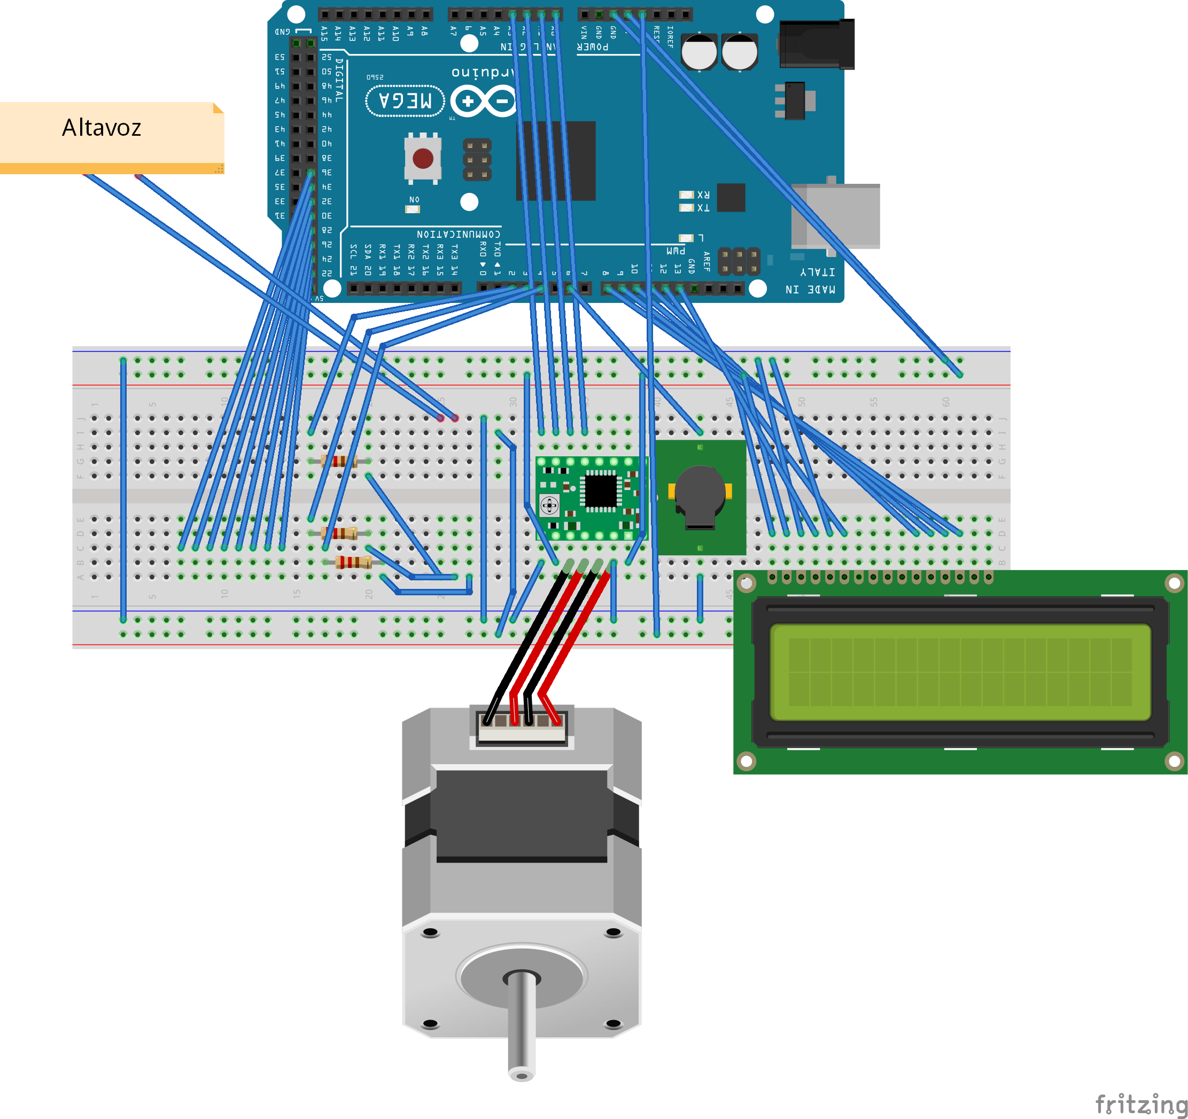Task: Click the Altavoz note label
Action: coord(102,128)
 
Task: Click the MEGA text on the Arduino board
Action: coord(405,100)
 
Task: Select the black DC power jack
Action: coord(817,44)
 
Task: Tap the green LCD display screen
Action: coord(960,672)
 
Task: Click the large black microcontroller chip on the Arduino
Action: coord(556,161)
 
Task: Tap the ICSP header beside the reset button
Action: coord(477,160)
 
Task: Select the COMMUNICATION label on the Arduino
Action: coord(459,234)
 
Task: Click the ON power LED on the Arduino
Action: coord(413,209)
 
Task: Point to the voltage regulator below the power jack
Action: coord(795,100)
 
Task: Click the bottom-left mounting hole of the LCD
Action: coord(747,760)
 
